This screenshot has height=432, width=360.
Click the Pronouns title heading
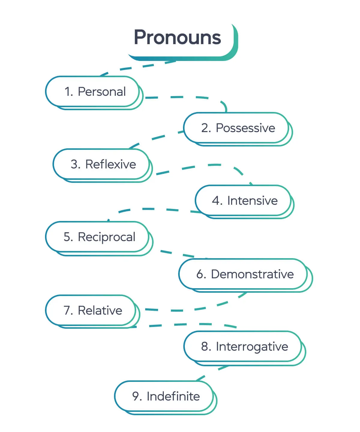tap(177, 38)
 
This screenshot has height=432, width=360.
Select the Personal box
tap(93, 92)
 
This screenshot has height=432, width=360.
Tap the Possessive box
tap(237, 128)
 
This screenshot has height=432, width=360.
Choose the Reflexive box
tap(102, 164)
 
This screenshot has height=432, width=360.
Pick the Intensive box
tap(244, 201)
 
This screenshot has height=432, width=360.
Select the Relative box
tap(91, 310)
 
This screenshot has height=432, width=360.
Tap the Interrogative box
tap(243, 347)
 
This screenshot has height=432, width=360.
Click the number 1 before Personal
tap(68, 92)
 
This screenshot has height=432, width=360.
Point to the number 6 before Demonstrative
tap(200, 274)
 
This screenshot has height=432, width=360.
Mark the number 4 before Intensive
tap(216, 201)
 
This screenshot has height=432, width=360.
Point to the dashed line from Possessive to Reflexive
tap(158, 138)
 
